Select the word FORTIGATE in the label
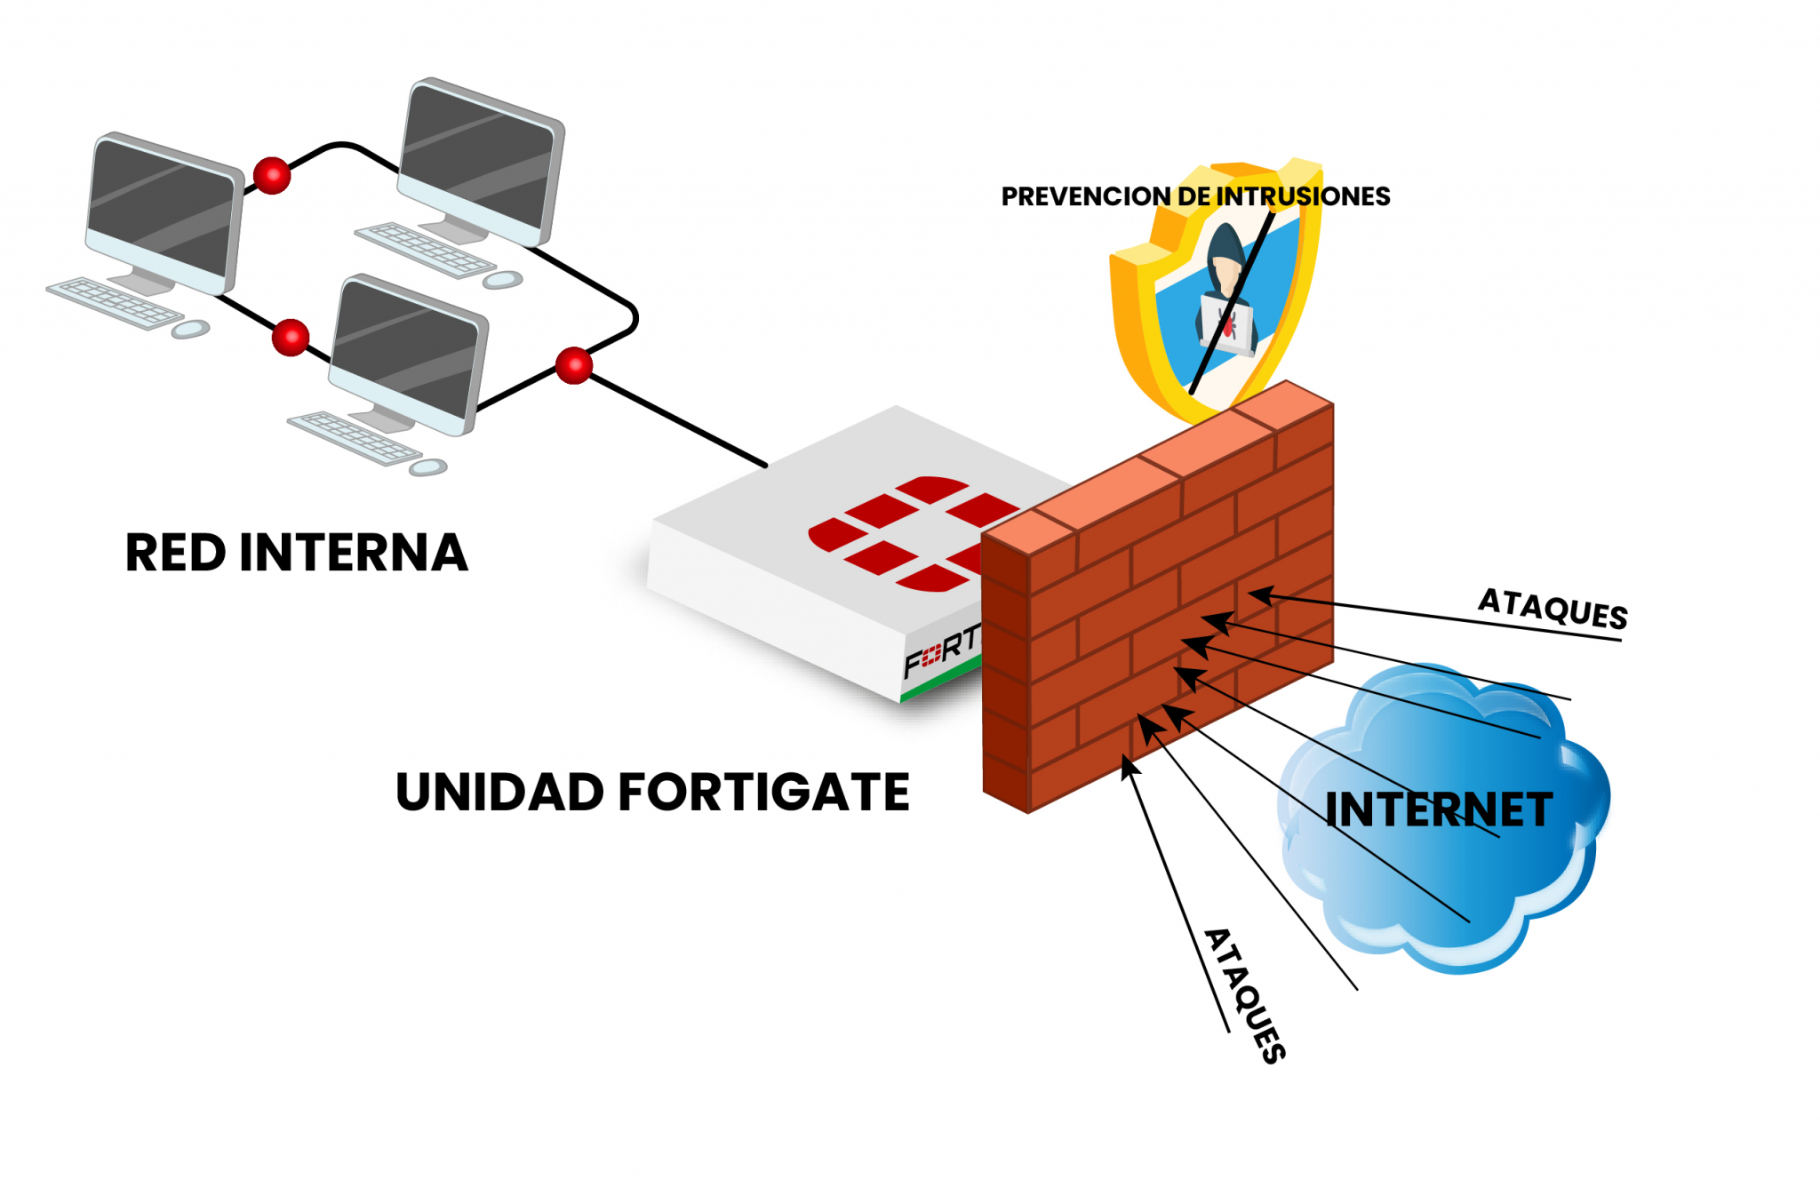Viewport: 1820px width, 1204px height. click(x=763, y=792)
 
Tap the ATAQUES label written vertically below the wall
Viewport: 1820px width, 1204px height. click(x=1244, y=995)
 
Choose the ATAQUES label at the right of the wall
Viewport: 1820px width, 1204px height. click(x=1553, y=609)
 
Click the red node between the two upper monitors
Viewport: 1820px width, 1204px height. click(x=272, y=175)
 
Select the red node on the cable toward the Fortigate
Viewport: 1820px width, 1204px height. click(x=574, y=365)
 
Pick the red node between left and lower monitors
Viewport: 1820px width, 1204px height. click(x=290, y=338)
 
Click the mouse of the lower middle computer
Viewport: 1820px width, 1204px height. click(x=428, y=466)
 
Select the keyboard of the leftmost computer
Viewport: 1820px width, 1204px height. click(x=114, y=302)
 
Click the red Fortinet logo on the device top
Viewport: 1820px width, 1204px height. click(x=915, y=533)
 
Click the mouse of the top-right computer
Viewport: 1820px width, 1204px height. click(x=503, y=280)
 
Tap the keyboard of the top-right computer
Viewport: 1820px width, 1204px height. click(x=425, y=250)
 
